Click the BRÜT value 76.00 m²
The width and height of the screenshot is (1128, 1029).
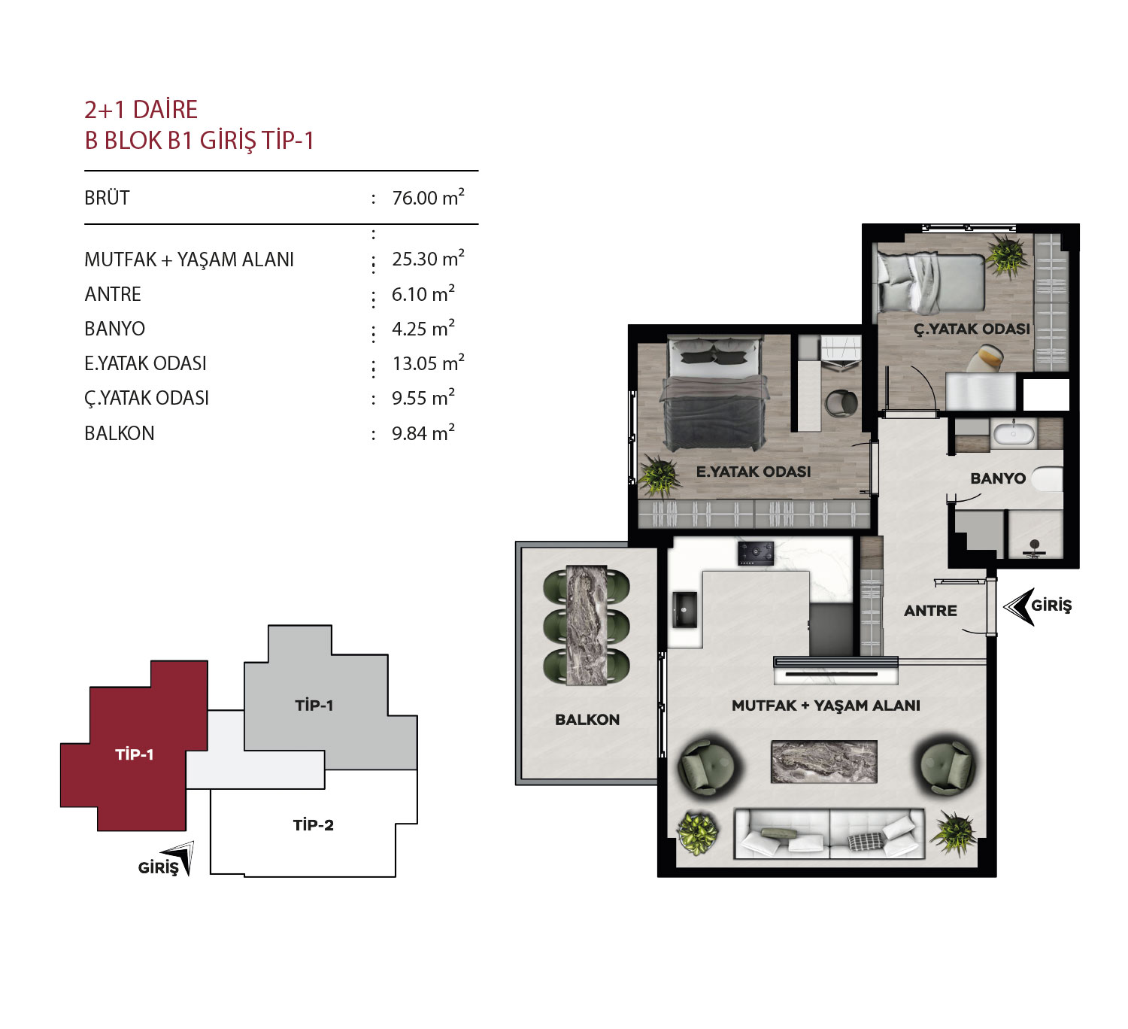pos(428,198)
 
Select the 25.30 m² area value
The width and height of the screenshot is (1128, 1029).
pos(428,259)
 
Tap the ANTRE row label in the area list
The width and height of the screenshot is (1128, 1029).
pos(113,294)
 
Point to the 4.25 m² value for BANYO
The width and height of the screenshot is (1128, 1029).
pos(423,329)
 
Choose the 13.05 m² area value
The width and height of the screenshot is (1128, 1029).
pos(428,363)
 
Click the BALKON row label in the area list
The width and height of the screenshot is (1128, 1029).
pos(120,433)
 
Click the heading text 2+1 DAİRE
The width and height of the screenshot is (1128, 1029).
pos(141,110)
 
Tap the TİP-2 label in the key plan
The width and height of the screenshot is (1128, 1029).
pos(314,825)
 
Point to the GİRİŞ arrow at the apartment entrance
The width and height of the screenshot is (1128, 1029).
pos(1019,606)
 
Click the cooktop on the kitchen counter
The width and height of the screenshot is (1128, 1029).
pos(755,554)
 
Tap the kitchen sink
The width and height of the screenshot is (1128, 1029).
pos(684,610)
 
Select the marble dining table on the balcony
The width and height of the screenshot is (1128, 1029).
pos(587,625)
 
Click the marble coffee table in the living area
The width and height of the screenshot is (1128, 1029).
pos(823,762)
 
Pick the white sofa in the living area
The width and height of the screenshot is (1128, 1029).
pos(829,833)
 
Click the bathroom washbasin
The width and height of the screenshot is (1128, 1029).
pos(1013,434)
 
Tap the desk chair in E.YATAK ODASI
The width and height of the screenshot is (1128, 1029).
pos(841,403)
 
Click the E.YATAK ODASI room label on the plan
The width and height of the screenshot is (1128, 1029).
pos(753,472)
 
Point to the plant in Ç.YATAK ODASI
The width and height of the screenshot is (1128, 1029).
pos(1007,256)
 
